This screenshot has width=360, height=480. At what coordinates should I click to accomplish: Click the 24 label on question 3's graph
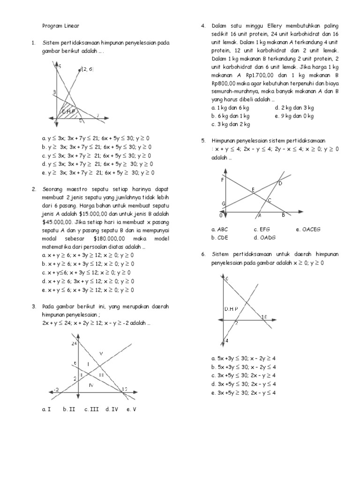pos(74,343)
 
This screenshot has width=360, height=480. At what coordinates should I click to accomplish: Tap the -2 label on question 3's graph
pos(57,389)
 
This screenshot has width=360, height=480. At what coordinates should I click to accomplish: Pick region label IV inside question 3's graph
pos(92,384)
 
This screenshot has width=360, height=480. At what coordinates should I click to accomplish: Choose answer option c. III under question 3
pos(90,409)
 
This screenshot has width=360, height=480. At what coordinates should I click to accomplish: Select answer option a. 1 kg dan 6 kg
pos(231,108)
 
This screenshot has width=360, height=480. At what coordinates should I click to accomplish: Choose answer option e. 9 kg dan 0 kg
pos(294,116)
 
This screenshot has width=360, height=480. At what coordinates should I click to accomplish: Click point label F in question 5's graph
pos(222,180)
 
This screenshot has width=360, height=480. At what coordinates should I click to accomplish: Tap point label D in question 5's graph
pos(280,183)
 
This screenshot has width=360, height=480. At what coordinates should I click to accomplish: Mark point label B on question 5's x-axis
pos(283,216)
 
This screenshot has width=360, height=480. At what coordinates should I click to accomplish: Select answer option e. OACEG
pos(308,229)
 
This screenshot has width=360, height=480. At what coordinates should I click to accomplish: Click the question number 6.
pos(204,254)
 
